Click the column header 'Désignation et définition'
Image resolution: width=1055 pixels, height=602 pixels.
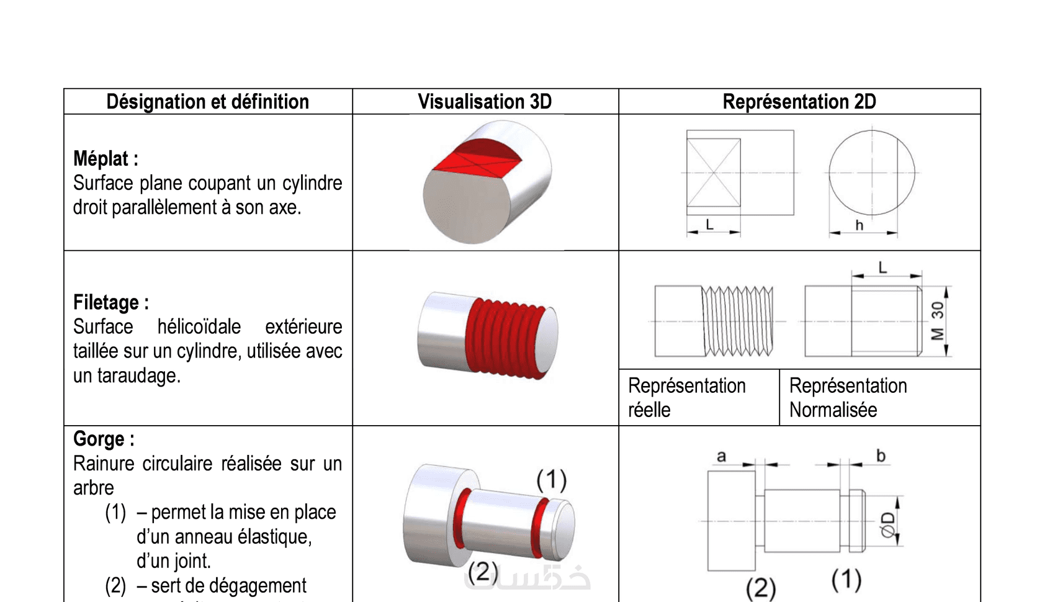tap(207, 102)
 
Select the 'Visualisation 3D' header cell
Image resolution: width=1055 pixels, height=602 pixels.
tap(485, 102)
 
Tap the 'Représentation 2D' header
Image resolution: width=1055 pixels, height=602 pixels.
tap(799, 102)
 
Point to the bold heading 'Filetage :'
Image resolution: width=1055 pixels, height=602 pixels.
tap(110, 303)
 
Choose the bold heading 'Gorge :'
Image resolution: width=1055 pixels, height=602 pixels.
tap(104, 439)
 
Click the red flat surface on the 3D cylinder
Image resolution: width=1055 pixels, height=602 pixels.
tap(475, 159)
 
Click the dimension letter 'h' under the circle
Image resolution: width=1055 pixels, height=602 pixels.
tap(859, 225)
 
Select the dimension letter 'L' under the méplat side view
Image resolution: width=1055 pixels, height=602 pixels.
tap(709, 225)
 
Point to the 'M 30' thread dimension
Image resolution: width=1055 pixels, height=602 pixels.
tap(937, 321)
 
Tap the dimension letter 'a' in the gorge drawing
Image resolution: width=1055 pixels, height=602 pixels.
tap(721, 457)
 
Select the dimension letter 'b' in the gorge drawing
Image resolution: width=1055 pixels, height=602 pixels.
tap(881, 456)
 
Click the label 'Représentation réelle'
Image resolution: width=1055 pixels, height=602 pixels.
tap(686, 397)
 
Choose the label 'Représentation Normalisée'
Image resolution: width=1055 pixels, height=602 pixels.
tap(848, 397)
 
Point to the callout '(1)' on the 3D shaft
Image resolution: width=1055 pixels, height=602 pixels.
tap(551, 479)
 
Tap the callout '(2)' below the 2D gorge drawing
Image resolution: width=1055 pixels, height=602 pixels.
tap(761, 587)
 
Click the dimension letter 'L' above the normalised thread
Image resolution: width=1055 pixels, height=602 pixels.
tap(882, 267)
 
